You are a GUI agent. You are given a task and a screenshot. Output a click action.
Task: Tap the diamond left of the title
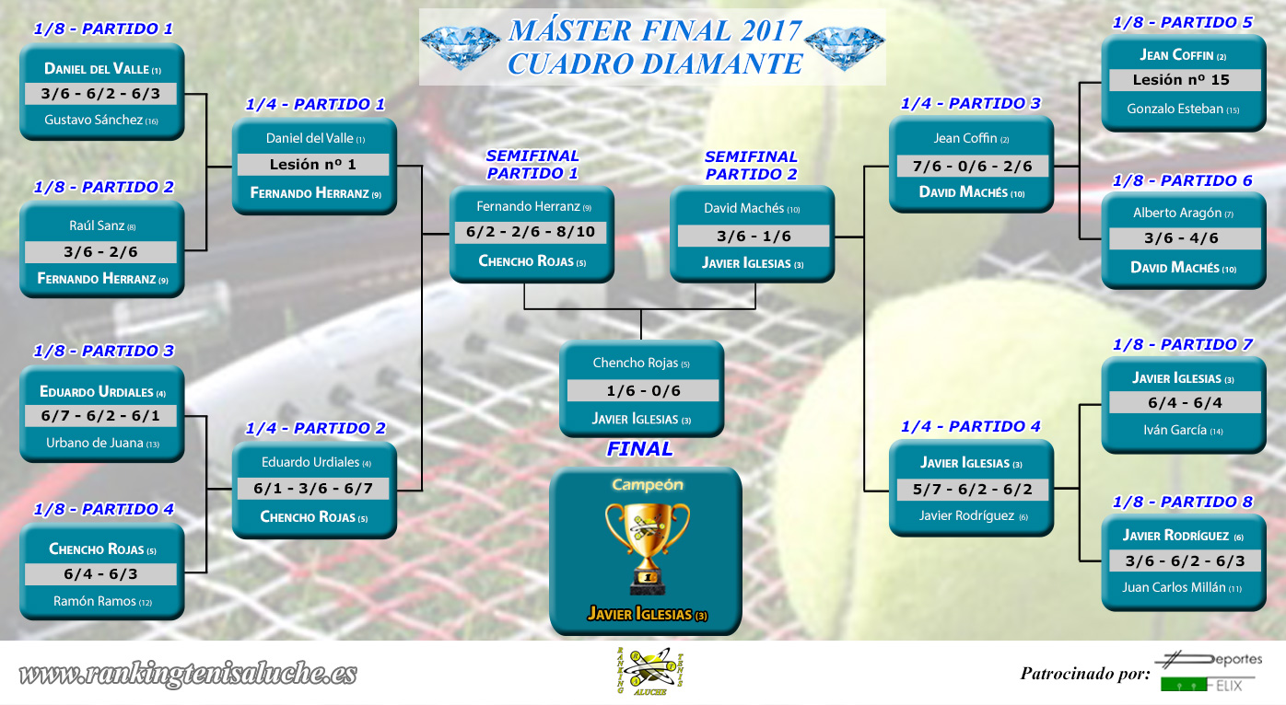pyautogui.click(x=461, y=47)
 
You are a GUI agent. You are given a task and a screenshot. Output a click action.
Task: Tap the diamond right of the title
pyautogui.click(x=844, y=47)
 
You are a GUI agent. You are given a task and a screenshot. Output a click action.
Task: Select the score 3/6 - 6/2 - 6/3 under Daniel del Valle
pyautogui.click(x=100, y=94)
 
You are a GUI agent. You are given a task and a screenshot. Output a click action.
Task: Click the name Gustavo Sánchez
pyautogui.click(x=101, y=120)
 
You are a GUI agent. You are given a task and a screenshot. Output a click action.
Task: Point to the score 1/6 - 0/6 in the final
pyautogui.click(x=643, y=390)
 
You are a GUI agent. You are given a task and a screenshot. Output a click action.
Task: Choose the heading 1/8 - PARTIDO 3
pyautogui.click(x=103, y=351)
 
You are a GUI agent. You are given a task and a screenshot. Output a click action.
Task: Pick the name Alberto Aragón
pyautogui.click(x=1183, y=213)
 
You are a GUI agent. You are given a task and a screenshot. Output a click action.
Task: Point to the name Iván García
pyautogui.click(x=1183, y=430)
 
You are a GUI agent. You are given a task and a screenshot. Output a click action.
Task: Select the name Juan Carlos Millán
pyautogui.click(x=1182, y=587)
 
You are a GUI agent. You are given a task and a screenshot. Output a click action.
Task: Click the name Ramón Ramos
pyautogui.click(x=102, y=601)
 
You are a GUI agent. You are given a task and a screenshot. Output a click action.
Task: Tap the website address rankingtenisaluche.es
pyautogui.click(x=188, y=674)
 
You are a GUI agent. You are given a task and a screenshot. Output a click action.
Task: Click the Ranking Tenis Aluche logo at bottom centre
pyautogui.click(x=650, y=671)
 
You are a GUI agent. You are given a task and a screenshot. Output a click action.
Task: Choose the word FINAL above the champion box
pyautogui.click(x=639, y=449)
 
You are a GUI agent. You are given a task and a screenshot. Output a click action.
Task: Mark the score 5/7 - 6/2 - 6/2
pyautogui.click(x=973, y=490)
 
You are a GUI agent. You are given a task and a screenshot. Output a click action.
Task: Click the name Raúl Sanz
pyautogui.click(x=102, y=226)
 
